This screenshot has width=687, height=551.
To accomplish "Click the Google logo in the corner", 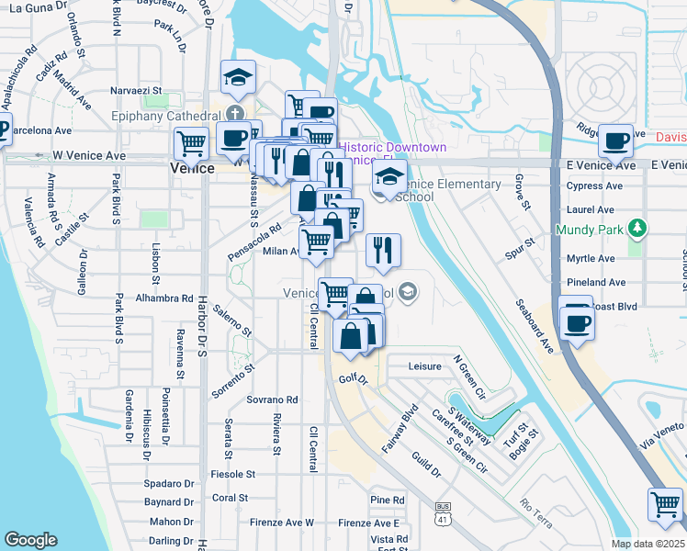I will [x=31, y=540].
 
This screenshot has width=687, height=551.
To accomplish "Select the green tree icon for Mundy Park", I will [x=636, y=228].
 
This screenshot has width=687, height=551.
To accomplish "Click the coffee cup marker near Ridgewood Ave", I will [x=614, y=141].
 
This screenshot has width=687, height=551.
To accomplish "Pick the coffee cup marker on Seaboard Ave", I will [x=577, y=322].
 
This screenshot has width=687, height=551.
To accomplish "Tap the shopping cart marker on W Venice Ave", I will [x=191, y=143].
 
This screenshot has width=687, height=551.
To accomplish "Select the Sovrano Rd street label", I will [x=272, y=400].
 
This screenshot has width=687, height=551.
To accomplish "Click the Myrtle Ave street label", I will [x=591, y=259].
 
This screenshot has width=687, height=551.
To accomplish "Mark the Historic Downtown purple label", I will [x=394, y=148].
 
